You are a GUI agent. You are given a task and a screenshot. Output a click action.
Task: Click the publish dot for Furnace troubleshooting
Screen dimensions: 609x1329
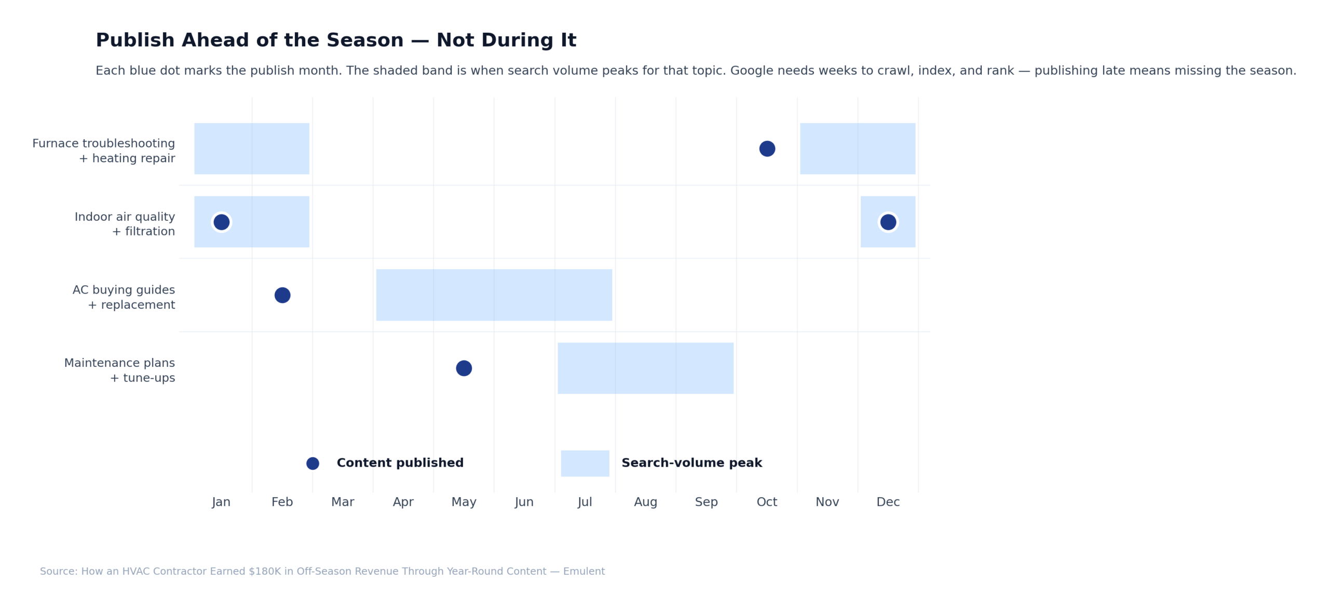coord(767,149)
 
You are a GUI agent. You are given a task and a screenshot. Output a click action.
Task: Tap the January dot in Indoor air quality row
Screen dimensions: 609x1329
coord(221,222)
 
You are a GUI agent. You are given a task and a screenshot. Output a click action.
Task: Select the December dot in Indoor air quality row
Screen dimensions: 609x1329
coord(888,222)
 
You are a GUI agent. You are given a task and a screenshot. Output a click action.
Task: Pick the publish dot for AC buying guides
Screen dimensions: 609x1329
coord(282,295)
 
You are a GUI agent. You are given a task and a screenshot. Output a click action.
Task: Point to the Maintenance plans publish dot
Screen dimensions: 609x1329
coord(464,368)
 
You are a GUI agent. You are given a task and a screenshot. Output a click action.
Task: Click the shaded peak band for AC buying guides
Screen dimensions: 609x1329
coord(494,295)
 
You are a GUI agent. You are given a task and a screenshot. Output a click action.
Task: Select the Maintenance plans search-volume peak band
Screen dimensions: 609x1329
coord(645,368)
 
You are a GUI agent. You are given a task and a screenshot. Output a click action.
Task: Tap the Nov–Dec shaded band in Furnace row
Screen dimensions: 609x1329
coord(857,149)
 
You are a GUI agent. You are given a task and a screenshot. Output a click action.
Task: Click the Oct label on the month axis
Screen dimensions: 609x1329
coord(767,502)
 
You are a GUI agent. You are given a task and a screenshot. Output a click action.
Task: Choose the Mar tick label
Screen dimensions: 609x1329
coord(343,502)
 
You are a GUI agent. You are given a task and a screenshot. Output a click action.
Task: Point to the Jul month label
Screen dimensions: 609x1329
coord(585,502)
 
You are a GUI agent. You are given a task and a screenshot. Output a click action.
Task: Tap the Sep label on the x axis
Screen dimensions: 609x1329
coord(706,502)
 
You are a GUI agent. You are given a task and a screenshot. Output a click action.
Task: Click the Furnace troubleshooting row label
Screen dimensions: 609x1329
coord(104,151)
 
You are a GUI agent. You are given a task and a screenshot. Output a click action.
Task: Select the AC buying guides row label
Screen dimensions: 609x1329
coord(124,297)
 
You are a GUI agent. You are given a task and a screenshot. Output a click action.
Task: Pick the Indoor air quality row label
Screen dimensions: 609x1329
coord(125,224)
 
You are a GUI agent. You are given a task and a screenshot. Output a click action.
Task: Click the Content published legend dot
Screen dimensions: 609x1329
coord(313,463)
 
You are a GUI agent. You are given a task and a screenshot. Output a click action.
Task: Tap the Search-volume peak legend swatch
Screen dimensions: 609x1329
coord(585,463)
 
